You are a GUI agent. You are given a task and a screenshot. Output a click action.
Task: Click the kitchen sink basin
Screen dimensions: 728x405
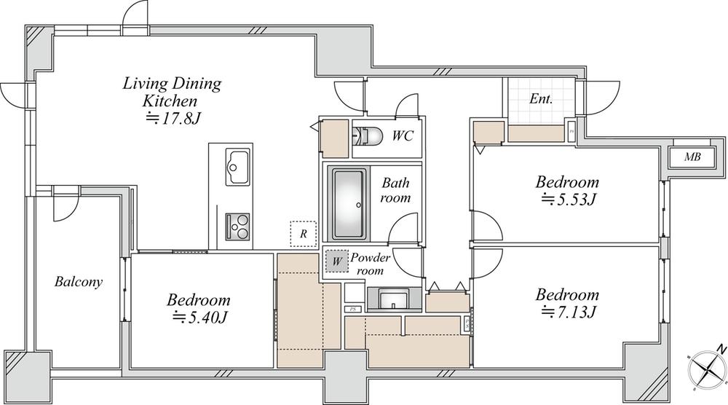click(238, 167)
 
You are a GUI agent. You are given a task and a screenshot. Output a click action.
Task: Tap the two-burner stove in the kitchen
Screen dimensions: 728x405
click(238, 227)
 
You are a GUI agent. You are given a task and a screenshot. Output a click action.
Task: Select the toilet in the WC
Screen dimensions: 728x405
click(367, 135)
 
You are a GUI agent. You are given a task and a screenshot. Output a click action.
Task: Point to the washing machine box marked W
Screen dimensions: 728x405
click(336, 262)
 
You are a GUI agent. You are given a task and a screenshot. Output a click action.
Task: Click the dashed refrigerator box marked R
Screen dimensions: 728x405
click(303, 234)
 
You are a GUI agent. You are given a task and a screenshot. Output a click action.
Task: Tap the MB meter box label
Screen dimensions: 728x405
click(692, 157)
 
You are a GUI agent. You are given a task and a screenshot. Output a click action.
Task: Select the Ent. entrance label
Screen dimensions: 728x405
click(542, 98)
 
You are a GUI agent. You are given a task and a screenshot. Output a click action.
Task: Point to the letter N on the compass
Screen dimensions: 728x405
click(721, 349)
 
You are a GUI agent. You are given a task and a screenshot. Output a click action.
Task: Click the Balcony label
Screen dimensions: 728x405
click(79, 281)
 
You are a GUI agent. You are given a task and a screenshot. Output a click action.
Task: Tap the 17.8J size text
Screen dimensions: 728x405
click(173, 119)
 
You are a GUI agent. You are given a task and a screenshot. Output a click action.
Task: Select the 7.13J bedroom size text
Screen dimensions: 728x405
click(568, 312)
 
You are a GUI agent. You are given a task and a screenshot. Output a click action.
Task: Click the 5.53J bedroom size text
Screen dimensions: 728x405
click(568, 200)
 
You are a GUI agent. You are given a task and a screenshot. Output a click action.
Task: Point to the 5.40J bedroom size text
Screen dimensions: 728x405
click(199, 318)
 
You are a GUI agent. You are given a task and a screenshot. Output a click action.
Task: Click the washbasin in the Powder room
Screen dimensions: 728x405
click(394, 299)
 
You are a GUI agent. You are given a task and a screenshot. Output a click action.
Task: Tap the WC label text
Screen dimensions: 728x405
click(403, 135)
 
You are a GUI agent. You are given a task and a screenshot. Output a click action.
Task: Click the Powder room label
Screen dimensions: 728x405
click(370, 264)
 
